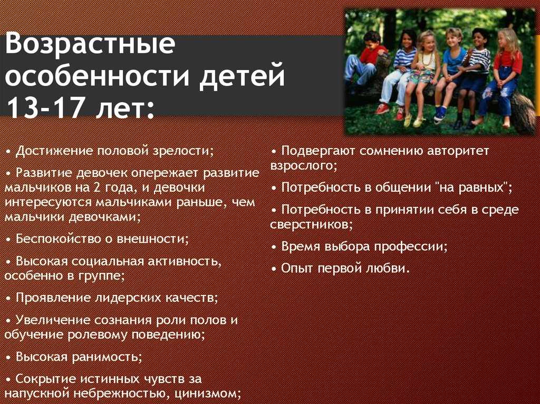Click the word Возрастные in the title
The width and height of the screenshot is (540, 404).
click(90, 44)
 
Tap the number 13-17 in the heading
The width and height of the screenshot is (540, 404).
click(45, 107)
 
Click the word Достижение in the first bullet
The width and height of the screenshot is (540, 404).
click(54, 151)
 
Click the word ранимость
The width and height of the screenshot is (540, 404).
click(107, 357)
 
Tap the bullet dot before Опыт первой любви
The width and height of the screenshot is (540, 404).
click(274, 269)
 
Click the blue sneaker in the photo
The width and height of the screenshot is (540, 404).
click(440, 113)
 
